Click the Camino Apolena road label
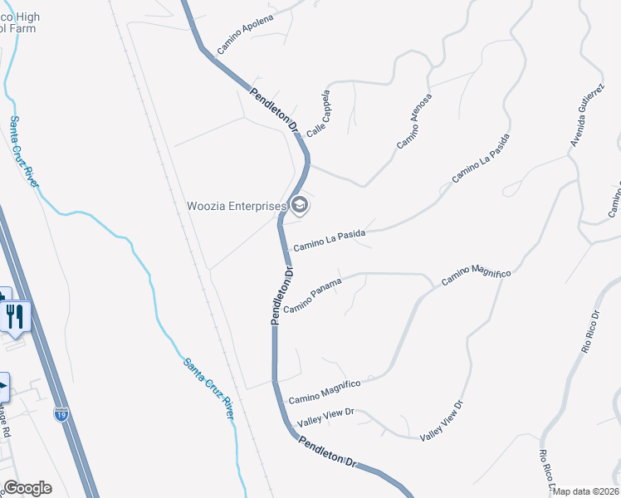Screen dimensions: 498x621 tap(245, 34)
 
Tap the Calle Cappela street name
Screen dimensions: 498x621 tap(319, 114)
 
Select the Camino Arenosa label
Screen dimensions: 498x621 tap(414, 121)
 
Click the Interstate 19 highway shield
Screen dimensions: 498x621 tap(61, 414)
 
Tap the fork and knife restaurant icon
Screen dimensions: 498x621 tap(16, 316)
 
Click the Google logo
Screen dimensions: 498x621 tap(27, 488)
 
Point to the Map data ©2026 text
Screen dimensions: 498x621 tap(586, 491)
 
